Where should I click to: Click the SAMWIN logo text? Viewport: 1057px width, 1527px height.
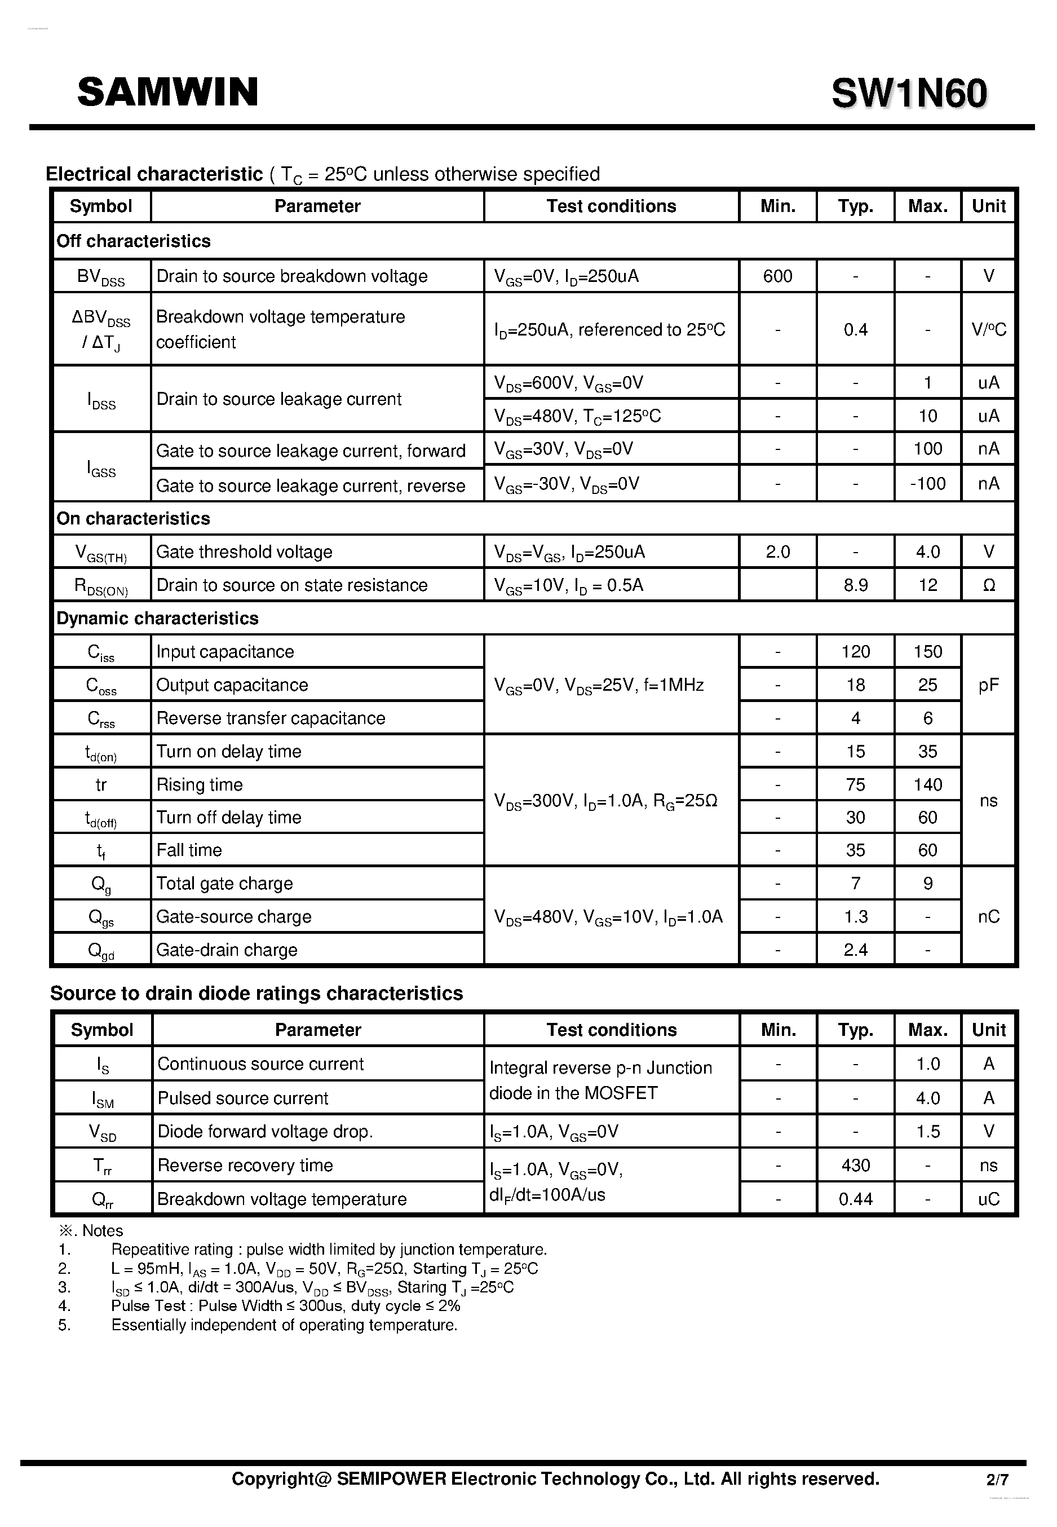[167, 92]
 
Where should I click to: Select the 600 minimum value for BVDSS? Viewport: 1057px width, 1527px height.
[777, 276]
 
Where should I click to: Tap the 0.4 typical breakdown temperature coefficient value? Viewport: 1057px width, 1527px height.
[855, 329]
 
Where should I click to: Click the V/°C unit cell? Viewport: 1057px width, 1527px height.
[988, 329]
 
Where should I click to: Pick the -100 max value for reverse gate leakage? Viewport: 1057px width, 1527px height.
[927, 484]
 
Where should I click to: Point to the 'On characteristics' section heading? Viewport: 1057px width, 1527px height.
[133, 518]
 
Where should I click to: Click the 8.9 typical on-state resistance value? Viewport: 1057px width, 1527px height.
[855, 585]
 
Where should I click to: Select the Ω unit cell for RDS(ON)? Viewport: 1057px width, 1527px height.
[988, 585]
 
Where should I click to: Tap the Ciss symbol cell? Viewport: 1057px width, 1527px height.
[101, 652]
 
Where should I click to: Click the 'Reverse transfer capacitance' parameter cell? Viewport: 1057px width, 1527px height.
[270, 718]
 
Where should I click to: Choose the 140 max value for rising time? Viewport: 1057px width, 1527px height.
[927, 784]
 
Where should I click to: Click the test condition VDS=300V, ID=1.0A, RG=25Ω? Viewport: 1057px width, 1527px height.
[605, 801]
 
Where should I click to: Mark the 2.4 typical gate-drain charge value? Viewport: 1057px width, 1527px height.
[855, 950]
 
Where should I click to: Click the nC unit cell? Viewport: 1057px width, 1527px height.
[988, 917]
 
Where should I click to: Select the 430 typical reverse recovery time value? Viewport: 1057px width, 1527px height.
[855, 1166]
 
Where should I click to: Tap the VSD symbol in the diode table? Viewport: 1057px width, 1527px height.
[102, 1132]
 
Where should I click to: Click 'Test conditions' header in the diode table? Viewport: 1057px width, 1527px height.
[611, 1030]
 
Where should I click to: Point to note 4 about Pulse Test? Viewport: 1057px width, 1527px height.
[285, 1306]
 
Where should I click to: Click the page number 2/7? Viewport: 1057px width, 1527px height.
[997, 1479]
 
